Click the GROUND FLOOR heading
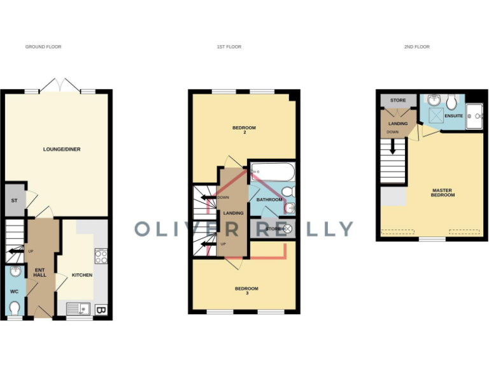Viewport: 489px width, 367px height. coord(43,47)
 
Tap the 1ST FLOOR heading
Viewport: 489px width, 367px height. coord(229,47)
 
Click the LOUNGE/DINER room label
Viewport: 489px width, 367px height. coord(62,149)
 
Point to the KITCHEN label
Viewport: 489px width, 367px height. coord(82,275)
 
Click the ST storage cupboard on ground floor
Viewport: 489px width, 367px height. coord(13,201)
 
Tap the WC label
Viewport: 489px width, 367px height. coord(15,291)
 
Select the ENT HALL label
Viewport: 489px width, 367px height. coord(40,271)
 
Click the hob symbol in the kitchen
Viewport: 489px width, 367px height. coord(101,257)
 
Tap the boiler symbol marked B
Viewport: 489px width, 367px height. coord(101,310)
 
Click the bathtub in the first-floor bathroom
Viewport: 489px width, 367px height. coord(273,171)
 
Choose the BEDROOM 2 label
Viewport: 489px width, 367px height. coord(244,130)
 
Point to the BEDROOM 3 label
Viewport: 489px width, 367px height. coord(246,291)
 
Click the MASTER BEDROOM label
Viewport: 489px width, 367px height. coord(443,192)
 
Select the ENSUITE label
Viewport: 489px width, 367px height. coord(454,117)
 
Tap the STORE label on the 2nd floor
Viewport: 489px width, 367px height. coord(398,101)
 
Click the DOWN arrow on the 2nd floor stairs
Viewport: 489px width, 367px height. coord(393,146)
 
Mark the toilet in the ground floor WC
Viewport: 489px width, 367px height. coord(15,308)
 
